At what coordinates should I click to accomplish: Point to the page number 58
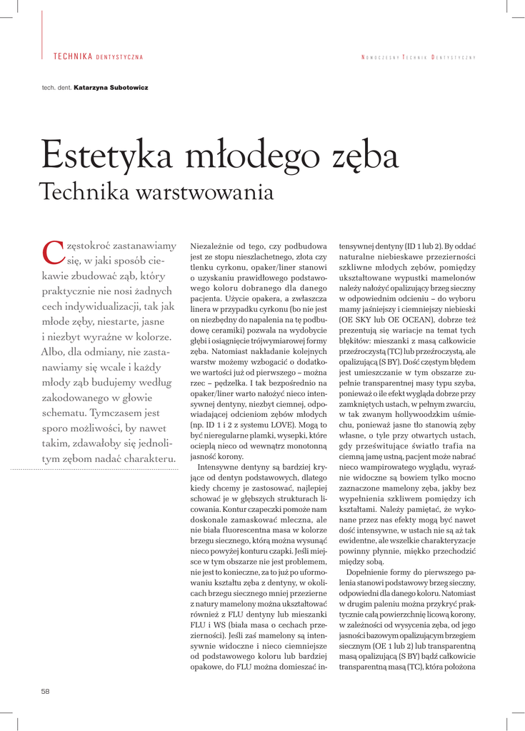point(46,691)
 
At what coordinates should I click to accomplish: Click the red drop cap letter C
point(52,252)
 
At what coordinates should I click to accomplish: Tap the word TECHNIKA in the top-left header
point(73,56)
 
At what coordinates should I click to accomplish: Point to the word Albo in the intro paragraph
point(52,351)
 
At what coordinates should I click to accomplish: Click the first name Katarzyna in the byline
point(91,87)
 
